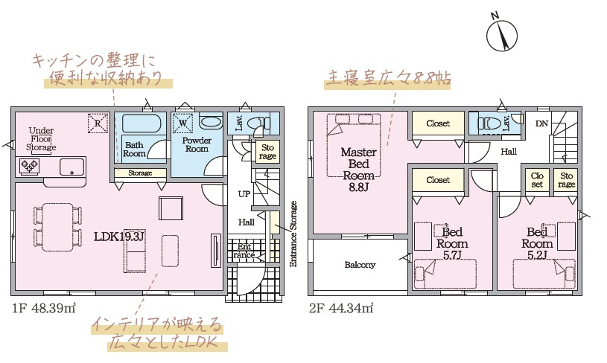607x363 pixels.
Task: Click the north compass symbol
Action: (x=502, y=33)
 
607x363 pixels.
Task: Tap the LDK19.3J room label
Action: (x=119, y=237)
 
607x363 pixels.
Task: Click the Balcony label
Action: (x=360, y=265)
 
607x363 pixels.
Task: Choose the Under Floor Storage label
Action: (x=42, y=140)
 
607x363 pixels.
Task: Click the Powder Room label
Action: (x=197, y=144)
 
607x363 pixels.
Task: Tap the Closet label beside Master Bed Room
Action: (x=438, y=123)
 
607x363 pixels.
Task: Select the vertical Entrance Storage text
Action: (x=293, y=234)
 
